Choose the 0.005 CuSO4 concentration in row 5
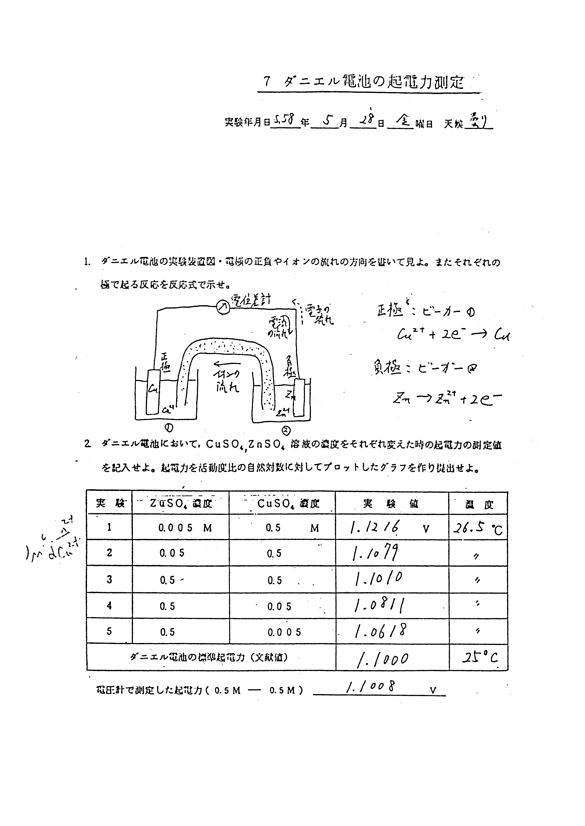click(x=284, y=632)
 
